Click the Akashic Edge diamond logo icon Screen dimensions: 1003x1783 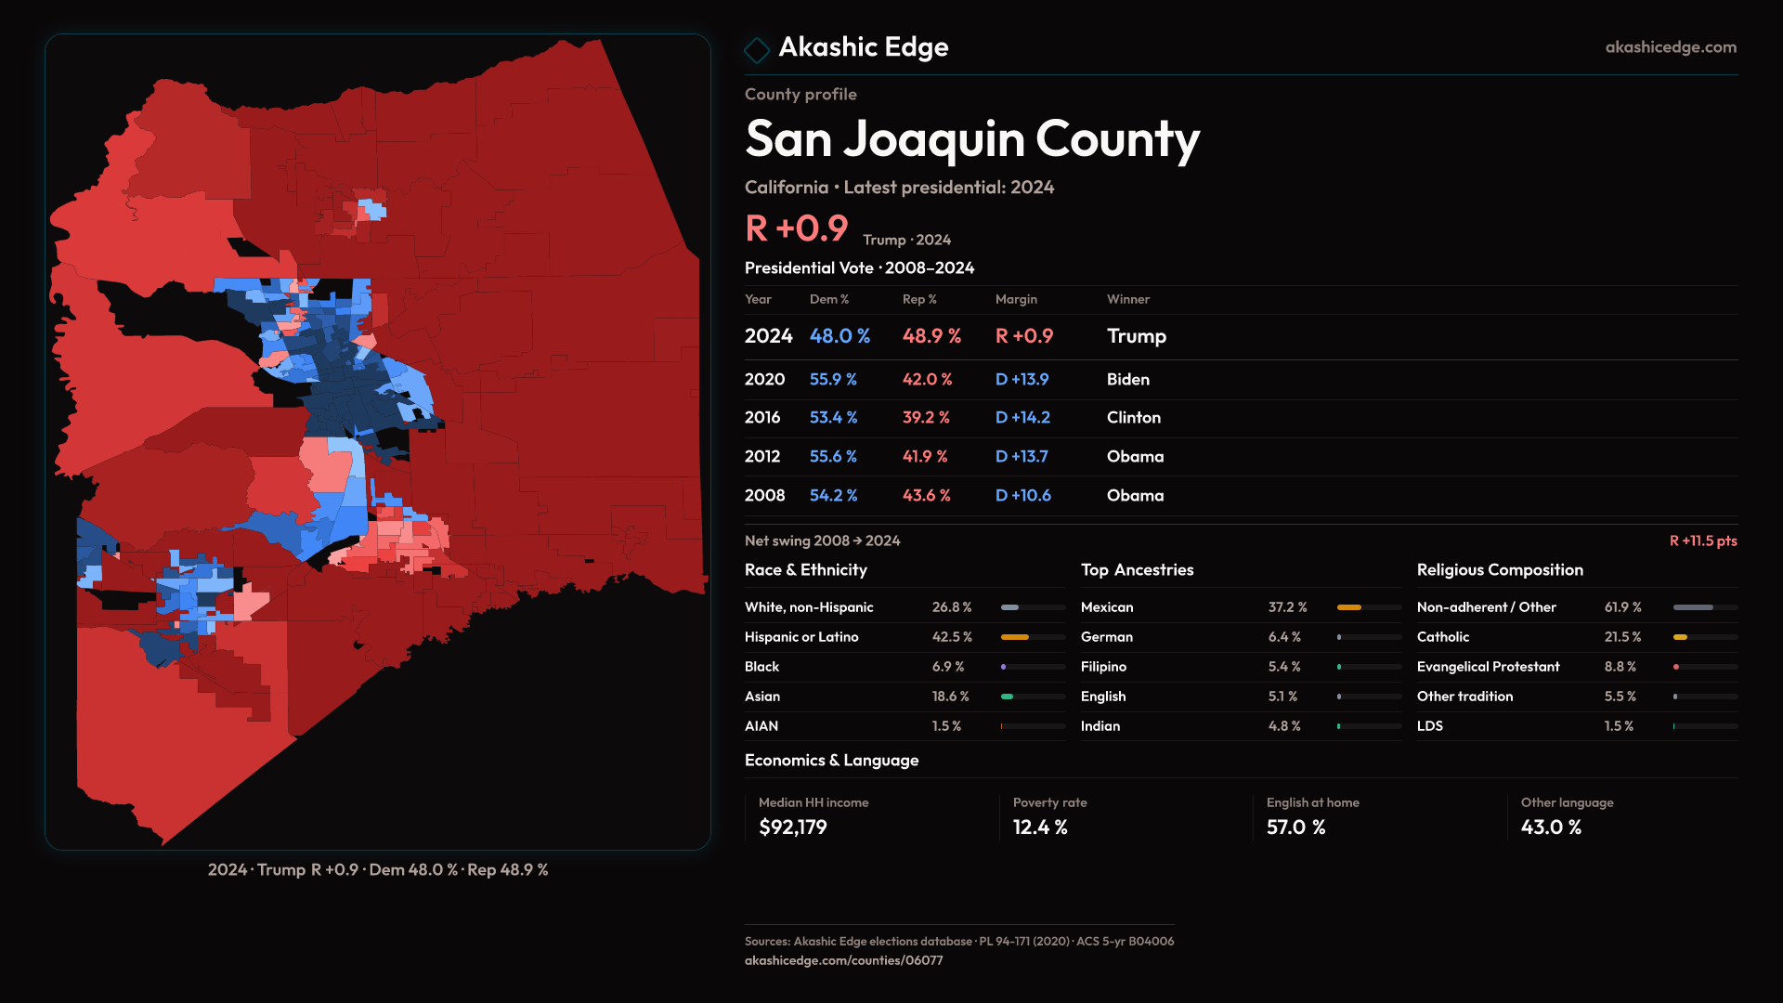(757, 49)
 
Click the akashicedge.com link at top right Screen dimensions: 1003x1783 (1671, 46)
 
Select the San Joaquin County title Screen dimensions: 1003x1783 (971, 139)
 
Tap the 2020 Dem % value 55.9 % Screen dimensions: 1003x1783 (833, 379)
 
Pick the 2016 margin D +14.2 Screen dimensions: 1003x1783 (1022, 418)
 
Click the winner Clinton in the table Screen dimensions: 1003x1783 (1133, 418)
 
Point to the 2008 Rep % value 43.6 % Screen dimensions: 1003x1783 (926, 496)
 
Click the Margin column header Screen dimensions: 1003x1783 (1016, 299)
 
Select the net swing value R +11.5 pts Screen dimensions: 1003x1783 (1702, 541)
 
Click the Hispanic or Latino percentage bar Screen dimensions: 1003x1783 (1033, 637)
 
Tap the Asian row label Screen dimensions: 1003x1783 (762, 697)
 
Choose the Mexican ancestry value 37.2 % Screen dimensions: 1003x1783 (1287, 607)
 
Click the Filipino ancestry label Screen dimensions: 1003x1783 (1103, 667)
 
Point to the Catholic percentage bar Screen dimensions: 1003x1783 (1704, 637)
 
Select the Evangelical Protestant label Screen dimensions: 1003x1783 (1488, 667)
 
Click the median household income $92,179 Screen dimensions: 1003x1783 (792, 827)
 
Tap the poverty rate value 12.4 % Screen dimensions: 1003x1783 (1040, 827)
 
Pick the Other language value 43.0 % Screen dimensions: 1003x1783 (1551, 827)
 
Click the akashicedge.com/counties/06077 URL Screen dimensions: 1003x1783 (843, 960)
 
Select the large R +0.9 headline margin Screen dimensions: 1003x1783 (797, 228)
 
